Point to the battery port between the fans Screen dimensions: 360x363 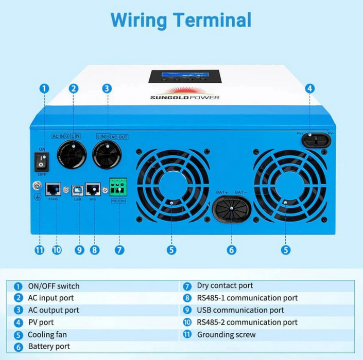232,210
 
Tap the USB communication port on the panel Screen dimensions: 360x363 78,189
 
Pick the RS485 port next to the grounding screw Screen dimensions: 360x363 53,189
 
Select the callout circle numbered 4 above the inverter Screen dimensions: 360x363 309,88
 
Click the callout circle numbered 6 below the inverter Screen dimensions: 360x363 232,250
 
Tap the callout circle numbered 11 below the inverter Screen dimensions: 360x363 40,250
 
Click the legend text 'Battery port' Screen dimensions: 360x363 49,347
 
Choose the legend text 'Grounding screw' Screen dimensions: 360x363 226,334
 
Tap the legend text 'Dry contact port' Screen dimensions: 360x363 225,286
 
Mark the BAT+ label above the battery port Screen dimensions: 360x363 222,192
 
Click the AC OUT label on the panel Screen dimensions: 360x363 119,136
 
